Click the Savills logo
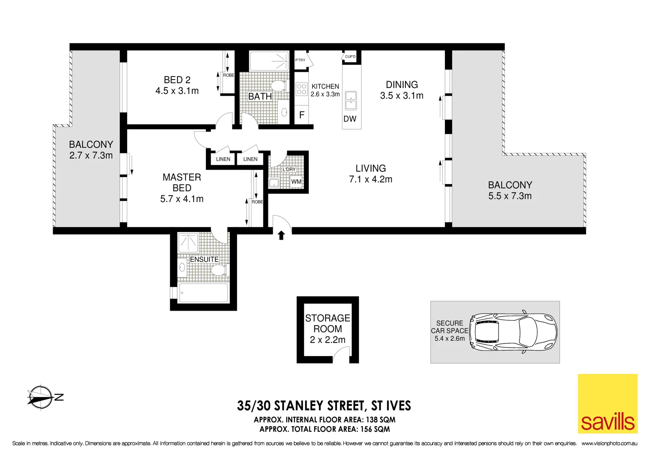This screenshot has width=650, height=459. tap(607, 403)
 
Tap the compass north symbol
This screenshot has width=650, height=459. tap(41, 397)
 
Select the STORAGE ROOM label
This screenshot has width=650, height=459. tap(328, 323)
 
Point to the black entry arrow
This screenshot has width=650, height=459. tap(281, 235)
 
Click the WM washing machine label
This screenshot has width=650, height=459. tap(296, 181)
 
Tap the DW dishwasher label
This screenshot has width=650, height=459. tap(350, 119)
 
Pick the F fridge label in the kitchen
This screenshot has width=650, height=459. tap(302, 115)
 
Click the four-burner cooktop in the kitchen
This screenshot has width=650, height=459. tap(302, 89)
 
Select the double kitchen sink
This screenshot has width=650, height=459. tap(351, 100)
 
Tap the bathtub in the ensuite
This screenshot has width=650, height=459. tap(203, 293)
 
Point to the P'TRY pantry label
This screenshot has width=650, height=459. tap(300, 60)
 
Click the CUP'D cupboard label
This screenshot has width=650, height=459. tap(350, 57)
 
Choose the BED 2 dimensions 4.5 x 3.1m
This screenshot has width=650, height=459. tap(177, 91)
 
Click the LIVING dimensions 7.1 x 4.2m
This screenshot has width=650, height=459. tap(371, 179)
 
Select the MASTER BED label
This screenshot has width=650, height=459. tap(182, 182)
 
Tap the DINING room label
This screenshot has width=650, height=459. tap(402, 85)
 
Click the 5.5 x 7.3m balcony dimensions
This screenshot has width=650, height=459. tap(510, 196)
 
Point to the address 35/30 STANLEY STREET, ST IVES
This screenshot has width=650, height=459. tap(324, 406)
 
